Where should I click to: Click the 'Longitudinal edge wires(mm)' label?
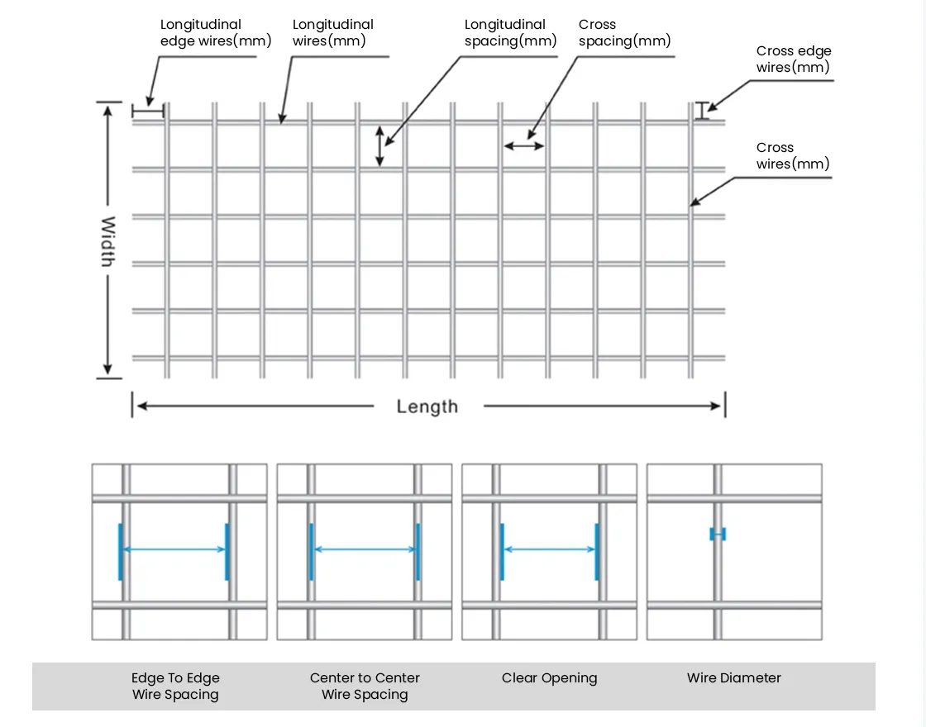[215, 33]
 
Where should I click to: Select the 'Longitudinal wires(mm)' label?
[332, 33]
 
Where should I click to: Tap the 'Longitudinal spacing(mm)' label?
[510, 33]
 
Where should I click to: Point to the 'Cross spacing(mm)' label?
[624, 33]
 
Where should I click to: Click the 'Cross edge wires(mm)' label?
[793, 59]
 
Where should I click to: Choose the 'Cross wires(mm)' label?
[792, 156]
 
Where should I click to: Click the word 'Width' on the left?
[107, 241]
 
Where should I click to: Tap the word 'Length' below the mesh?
[427, 406]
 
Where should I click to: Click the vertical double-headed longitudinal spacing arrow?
[380, 146]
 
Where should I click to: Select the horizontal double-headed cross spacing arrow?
[524, 146]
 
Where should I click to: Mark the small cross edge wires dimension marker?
[702, 111]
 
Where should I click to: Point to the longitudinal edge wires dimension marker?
[148, 110]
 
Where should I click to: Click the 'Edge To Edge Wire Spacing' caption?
[175, 687]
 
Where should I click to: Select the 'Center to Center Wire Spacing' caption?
[365, 687]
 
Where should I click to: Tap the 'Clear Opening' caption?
[549, 678]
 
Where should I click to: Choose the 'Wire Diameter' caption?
[733, 678]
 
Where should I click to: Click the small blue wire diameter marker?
[718, 535]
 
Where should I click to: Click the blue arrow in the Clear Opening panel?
[549, 550]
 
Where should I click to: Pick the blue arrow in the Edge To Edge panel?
[174, 550]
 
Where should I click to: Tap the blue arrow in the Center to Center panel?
[365, 550]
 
